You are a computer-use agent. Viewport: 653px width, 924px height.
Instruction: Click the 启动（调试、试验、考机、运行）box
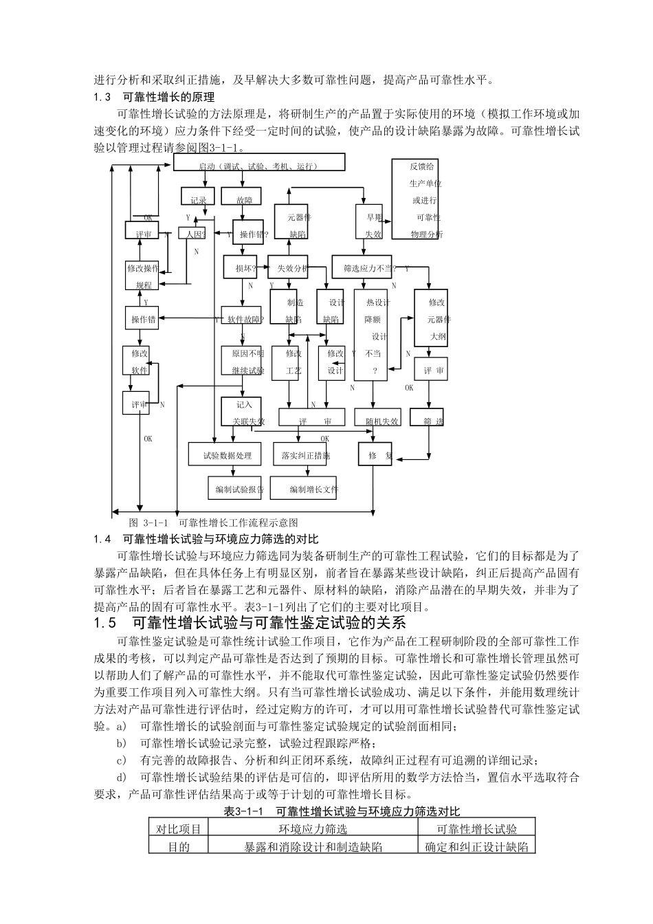(x=258, y=162)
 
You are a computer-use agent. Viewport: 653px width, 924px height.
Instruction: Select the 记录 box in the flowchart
(x=199, y=197)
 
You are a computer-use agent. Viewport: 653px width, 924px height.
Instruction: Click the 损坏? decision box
(x=241, y=267)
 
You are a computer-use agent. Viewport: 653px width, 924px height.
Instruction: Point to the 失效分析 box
(x=293, y=267)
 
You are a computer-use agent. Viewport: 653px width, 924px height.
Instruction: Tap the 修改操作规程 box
(x=143, y=275)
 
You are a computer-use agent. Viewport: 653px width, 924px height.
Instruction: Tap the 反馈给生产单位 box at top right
(x=415, y=199)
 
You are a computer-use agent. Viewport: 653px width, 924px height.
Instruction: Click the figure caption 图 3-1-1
(x=214, y=522)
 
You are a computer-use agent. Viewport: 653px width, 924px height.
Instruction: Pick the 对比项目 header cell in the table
(x=179, y=829)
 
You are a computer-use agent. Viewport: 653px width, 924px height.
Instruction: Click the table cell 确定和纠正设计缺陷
(x=476, y=846)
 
